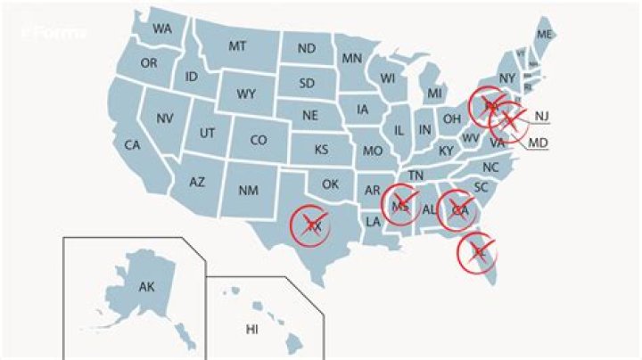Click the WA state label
161,29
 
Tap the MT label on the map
237,46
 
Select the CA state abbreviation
133,145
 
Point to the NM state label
248,191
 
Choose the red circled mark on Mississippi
401,206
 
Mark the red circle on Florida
478,252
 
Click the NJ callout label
541,117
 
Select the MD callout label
538,143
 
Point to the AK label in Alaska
146,287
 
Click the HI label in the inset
251,330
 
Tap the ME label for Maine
545,35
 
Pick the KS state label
320,149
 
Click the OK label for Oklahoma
331,184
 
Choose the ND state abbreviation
306,48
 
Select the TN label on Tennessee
416,176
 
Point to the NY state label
507,78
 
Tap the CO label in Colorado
258,140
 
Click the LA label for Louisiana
374,221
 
